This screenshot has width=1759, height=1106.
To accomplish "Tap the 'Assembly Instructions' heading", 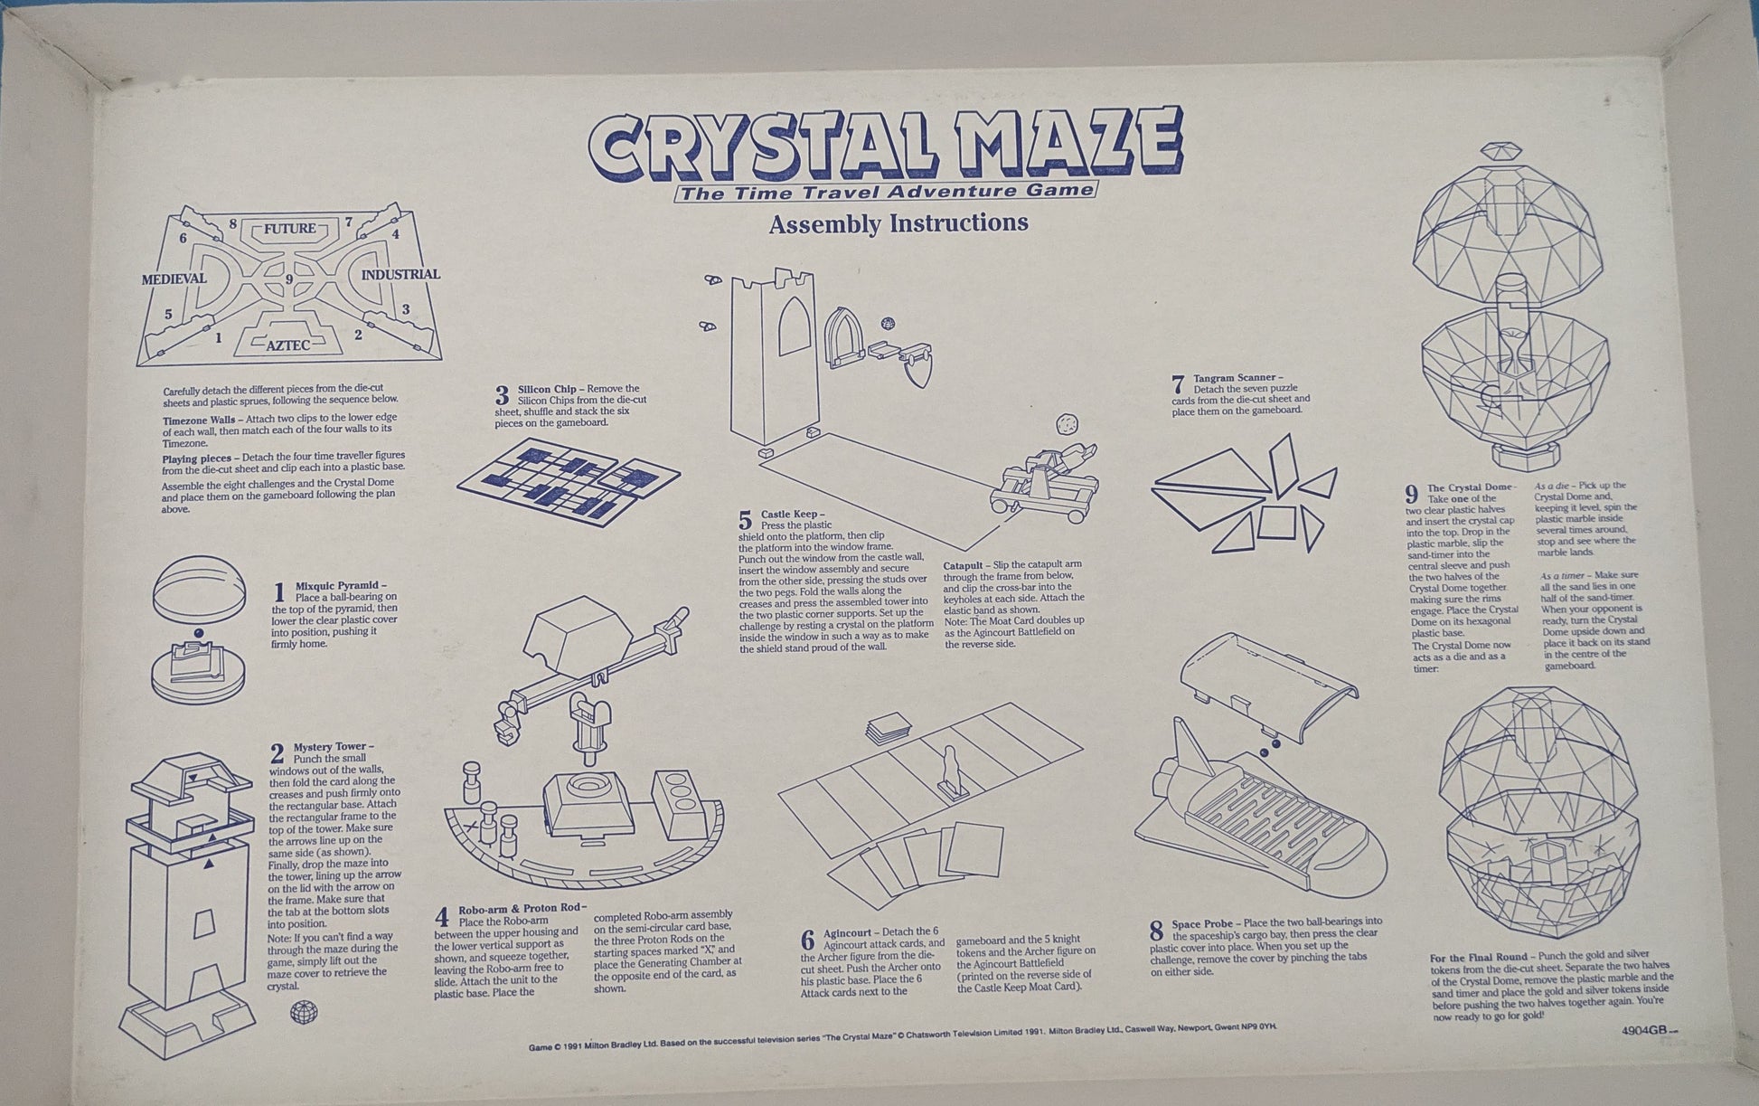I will tap(898, 223).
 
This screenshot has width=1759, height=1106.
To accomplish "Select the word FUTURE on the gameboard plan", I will tap(289, 229).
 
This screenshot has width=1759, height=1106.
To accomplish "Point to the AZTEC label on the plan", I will tap(288, 345).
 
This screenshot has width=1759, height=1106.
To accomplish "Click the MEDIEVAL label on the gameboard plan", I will tap(174, 279).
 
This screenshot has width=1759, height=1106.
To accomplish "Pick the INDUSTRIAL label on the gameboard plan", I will tap(400, 274).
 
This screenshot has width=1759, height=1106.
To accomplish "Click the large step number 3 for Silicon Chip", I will tap(503, 395).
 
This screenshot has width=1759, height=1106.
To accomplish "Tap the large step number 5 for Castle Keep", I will tap(745, 520).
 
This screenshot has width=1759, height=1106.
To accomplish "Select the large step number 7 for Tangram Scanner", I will tap(1177, 384).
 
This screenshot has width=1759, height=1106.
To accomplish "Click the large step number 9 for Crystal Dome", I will tap(1411, 494).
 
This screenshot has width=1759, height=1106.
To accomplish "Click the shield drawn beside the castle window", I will tap(917, 369).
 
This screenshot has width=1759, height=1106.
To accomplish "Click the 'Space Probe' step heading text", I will tap(1202, 924).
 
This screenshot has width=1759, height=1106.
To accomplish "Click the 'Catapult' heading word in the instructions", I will tap(964, 564).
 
